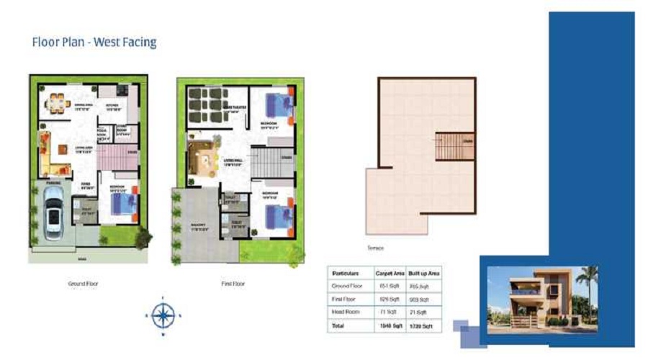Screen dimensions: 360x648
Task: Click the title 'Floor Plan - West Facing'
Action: click(94, 42)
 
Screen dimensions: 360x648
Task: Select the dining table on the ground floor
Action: click(55, 103)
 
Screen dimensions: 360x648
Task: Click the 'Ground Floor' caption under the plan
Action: click(83, 284)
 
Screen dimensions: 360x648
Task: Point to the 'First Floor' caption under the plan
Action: click(233, 284)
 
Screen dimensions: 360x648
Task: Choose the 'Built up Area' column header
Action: click(424, 274)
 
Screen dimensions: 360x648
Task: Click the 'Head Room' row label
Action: click(345, 312)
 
